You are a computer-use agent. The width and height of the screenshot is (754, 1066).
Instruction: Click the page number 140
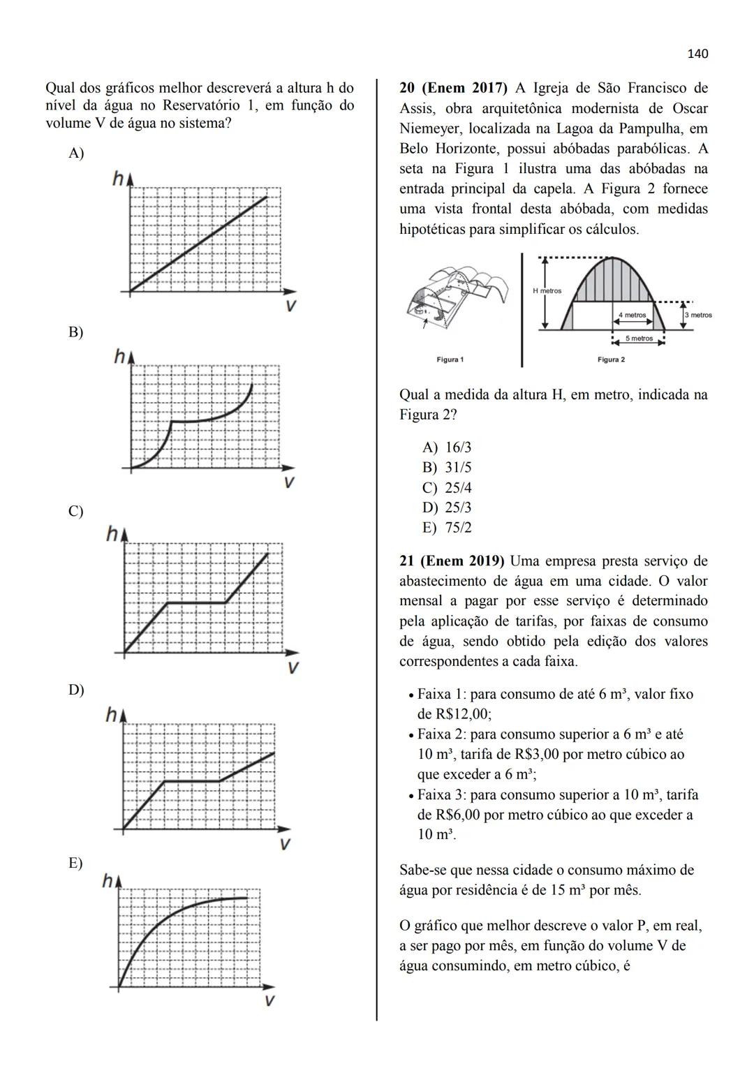(x=697, y=54)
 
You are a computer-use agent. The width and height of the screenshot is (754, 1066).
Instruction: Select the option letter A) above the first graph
(x=76, y=154)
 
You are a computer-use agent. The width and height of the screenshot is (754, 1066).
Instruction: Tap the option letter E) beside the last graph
(x=75, y=863)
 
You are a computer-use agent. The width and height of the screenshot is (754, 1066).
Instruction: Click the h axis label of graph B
(x=120, y=357)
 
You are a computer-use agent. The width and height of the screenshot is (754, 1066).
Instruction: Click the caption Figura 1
(x=450, y=360)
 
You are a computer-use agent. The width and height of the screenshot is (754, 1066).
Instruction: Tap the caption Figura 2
(x=612, y=360)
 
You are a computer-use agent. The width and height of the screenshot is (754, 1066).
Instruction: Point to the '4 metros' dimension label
(x=633, y=316)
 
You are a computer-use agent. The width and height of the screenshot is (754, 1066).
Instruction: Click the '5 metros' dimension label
(x=639, y=339)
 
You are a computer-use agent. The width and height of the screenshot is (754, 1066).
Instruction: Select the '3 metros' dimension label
(x=698, y=316)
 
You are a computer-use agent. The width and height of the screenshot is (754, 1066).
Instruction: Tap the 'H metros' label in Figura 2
(x=547, y=291)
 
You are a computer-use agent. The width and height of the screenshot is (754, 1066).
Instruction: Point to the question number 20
(x=407, y=89)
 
